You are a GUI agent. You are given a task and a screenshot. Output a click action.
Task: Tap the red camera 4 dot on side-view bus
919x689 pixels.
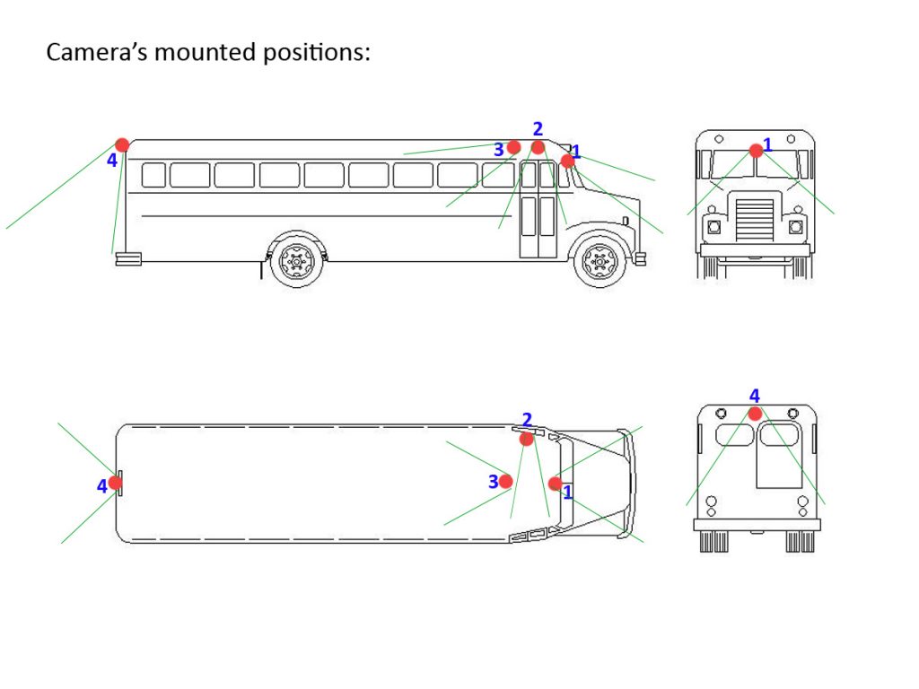(x=122, y=144)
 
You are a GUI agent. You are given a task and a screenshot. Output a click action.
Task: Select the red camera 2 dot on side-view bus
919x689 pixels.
(x=538, y=147)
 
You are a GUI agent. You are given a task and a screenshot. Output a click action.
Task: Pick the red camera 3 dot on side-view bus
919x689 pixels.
(x=513, y=147)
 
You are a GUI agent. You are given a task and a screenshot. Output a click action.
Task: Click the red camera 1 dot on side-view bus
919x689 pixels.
(x=567, y=161)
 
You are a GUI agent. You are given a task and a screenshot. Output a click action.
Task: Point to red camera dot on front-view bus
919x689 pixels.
(x=756, y=151)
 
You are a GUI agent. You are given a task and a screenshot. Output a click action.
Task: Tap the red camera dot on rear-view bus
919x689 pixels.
(x=755, y=414)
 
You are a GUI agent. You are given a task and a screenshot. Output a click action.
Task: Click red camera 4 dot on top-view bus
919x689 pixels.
(x=116, y=483)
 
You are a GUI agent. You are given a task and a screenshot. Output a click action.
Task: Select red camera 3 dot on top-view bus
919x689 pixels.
(x=506, y=482)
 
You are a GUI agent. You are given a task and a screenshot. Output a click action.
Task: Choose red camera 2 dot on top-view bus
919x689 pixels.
(x=527, y=439)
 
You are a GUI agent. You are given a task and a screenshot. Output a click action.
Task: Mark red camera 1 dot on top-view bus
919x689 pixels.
(x=556, y=484)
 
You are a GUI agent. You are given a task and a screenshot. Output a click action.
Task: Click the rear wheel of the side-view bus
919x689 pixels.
(x=295, y=261)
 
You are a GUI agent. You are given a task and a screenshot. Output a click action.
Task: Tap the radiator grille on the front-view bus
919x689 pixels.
(x=755, y=219)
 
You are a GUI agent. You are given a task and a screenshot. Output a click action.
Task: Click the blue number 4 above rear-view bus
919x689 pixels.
(x=754, y=396)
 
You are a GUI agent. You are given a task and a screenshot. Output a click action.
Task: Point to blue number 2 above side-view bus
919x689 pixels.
(x=538, y=129)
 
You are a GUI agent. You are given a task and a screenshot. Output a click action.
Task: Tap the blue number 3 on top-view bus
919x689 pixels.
(x=493, y=482)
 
